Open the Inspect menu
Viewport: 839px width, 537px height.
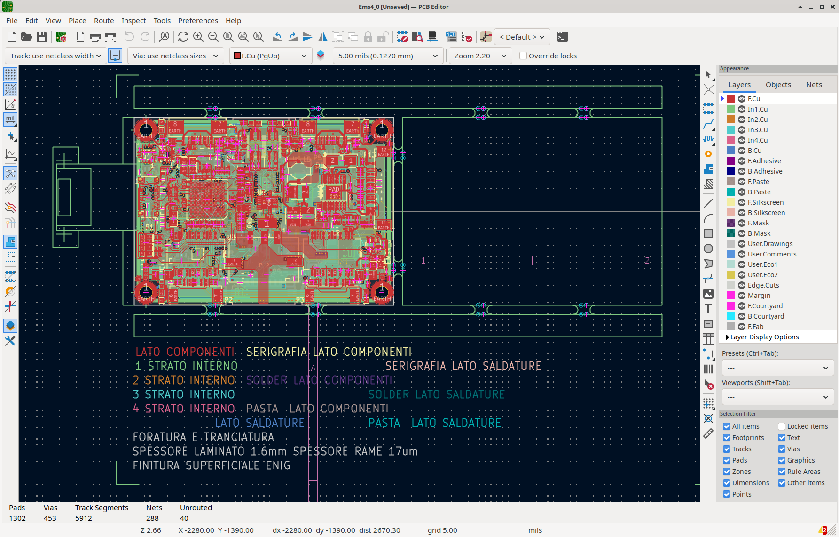133,21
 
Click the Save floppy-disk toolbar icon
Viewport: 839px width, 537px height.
42,37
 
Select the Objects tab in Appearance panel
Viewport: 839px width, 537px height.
778,85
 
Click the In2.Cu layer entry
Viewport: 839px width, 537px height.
757,120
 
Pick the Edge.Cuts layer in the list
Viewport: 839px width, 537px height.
763,285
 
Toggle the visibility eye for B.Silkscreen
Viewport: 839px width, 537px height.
742,213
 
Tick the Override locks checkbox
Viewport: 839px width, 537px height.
523,56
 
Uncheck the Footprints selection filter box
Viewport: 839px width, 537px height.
727,438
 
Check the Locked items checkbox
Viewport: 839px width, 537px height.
782,426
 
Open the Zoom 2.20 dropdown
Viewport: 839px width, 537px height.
480,56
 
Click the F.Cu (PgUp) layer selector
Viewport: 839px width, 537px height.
270,56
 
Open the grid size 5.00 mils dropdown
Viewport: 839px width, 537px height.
387,56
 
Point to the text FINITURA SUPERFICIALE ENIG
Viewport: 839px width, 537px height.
212,465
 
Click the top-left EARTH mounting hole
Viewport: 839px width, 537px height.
146,129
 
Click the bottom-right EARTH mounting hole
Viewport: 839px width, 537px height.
382,292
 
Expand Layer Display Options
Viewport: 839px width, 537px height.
728,337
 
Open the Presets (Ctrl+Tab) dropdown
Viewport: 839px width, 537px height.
777,368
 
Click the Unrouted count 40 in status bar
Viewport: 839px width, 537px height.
184,518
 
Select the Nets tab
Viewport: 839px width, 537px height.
814,85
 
